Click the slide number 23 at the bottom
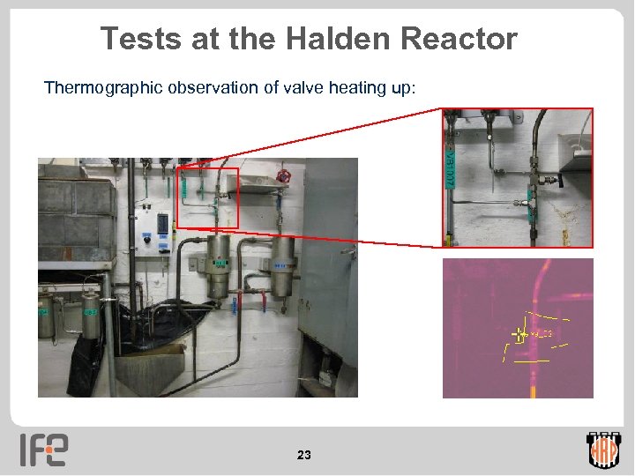304,455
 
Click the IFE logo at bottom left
44,449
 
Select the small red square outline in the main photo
207,197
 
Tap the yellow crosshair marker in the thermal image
519,334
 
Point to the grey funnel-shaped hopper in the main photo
150,370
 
